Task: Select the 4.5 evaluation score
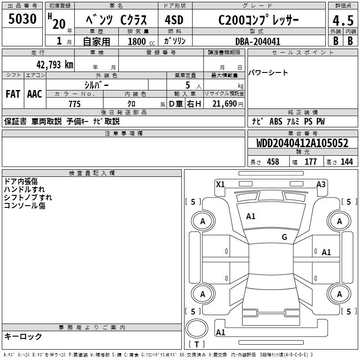342,21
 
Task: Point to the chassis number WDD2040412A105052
302,144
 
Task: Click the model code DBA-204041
258,41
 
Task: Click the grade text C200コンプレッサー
258,20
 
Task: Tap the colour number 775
74,104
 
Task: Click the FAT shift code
13,94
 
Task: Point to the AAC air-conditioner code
35,94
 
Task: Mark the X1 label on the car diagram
220,184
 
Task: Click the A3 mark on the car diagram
321,184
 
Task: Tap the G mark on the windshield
284,237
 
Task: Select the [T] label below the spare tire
197,344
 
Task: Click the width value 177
310,162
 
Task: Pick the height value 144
346,162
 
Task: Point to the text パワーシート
268,73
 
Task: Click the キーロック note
23,336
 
